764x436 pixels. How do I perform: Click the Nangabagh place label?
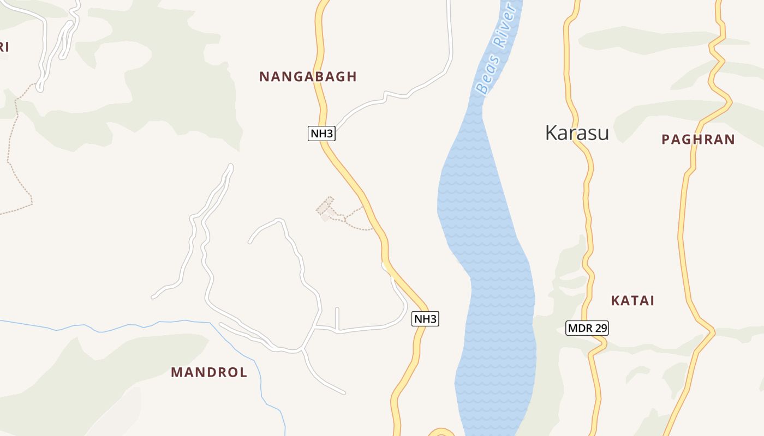click(x=308, y=77)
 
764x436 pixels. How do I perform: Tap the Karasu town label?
click(x=577, y=132)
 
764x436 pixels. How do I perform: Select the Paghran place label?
click(x=698, y=140)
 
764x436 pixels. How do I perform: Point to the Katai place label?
click(x=632, y=301)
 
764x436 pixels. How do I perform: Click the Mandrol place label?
click(x=209, y=372)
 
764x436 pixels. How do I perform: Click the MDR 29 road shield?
click(x=587, y=328)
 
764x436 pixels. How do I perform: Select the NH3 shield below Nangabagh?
click(x=321, y=134)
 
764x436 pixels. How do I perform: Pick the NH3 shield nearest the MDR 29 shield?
click(x=425, y=319)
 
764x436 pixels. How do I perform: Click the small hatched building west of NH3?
click(x=325, y=208)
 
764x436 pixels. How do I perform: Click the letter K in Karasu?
click(x=552, y=132)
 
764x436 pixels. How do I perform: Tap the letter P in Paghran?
click(x=666, y=140)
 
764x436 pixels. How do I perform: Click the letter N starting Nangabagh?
click(x=264, y=77)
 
